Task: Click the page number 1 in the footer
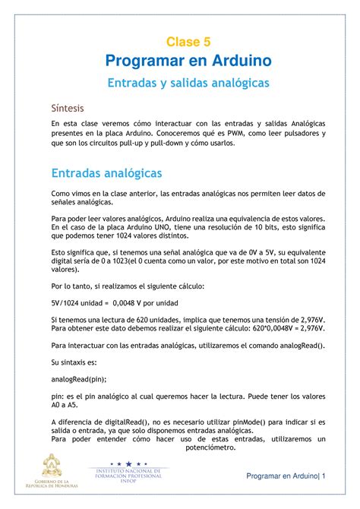pyautogui.click(x=323, y=476)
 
